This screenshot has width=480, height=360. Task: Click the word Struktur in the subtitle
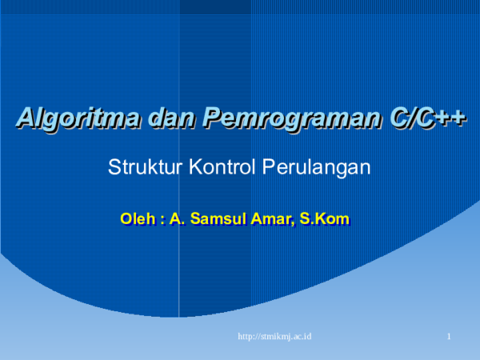coord(138,168)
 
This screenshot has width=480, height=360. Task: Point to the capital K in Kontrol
coord(195,168)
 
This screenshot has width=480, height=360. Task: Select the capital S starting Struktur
coord(114,168)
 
